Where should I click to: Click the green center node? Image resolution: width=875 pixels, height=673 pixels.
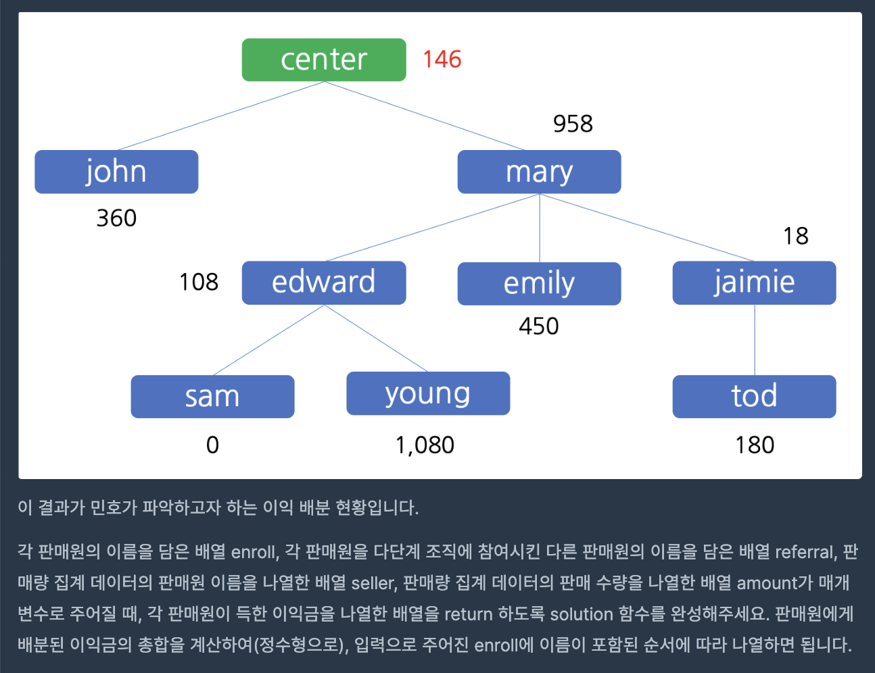tap(324, 60)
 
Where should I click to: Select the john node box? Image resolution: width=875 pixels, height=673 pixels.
tap(116, 172)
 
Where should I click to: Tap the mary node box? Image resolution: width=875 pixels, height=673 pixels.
tap(539, 172)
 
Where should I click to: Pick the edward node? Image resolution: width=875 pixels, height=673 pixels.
tap(324, 282)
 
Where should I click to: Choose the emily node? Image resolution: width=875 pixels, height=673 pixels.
tap(539, 283)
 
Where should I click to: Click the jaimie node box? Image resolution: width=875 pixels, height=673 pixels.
tap(754, 282)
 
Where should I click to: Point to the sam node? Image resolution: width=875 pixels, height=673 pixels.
tap(212, 397)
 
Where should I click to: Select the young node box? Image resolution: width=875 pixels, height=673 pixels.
tap(428, 393)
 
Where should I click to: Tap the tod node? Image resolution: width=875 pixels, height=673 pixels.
tap(754, 397)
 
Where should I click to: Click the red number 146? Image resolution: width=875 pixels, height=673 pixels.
tap(442, 59)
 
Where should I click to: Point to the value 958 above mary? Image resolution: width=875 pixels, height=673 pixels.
tap(573, 124)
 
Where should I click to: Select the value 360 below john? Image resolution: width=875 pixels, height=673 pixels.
tap(116, 218)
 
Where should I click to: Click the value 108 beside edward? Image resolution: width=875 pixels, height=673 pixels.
tap(199, 282)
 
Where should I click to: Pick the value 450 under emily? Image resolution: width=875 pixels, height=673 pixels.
tap(539, 326)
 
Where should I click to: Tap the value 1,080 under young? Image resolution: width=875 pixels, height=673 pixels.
tap(425, 445)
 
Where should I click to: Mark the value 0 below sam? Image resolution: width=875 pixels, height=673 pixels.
tap(212, 445)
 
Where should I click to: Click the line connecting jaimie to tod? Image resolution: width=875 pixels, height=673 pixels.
tap(755, 340)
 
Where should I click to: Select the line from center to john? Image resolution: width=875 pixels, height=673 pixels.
tap(220, 116)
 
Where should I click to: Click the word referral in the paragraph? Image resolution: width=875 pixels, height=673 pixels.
tap(805, 552)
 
